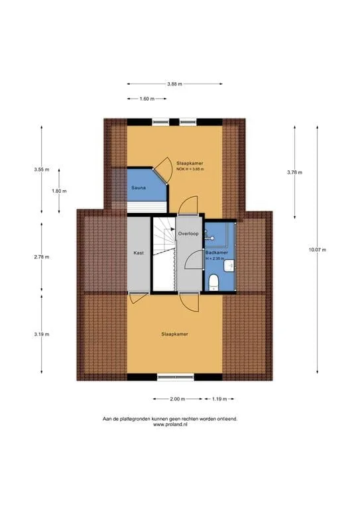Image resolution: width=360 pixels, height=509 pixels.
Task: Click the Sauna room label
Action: [x=139, y=188]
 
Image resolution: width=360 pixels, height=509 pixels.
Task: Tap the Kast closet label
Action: [x=139, y=253]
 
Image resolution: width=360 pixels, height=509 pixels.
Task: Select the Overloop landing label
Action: [x=188, y=233]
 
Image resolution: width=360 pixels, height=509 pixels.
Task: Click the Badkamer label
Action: [x=217, y=253]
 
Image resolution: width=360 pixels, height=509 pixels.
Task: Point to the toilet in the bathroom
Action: [x=213, y=282]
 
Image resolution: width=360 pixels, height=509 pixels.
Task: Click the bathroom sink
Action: [x=229, y=266]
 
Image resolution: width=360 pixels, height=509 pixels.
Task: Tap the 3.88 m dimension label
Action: [x=174, y=84]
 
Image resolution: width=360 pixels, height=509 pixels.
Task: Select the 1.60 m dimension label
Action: [x=147, y=99]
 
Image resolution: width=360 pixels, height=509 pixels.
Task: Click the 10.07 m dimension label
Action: [x=318, y=250]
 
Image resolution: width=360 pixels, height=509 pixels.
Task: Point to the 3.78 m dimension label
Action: [x=294, y=172]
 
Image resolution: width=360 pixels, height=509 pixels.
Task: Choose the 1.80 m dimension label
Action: [x=59, y=191]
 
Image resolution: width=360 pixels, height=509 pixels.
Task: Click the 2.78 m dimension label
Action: [x=42, y=256]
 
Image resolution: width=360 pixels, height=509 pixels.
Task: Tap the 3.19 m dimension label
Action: [x=42, y=334]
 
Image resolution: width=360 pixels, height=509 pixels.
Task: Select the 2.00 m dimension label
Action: [x=177, y=399]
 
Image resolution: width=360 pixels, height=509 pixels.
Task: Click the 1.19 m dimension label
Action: [x=219, y=399]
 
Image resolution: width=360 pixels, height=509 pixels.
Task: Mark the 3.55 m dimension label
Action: [x=42, y=169]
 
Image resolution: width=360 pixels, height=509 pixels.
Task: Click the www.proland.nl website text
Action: [x=170, y=424]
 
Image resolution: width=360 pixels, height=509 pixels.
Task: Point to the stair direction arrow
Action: [x=172, y=229]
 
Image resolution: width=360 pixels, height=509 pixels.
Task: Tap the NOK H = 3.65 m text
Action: [x=190, y=169]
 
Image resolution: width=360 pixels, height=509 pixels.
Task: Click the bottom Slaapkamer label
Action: [x=174, y=334]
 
